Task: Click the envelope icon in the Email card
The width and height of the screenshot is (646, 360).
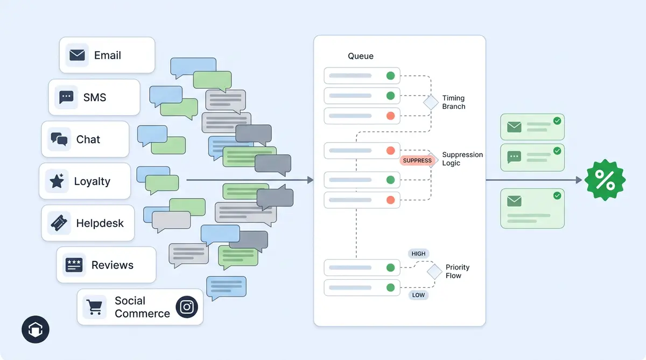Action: pyautogui.click(x=77, y=55)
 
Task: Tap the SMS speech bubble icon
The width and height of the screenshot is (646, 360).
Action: pyautogui.click(x=66, y=97)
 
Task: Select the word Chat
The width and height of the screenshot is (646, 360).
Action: pyautogui.click(x=88, y=139)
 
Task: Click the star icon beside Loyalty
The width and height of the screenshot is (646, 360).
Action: pyautogui.click(x=57, y=181)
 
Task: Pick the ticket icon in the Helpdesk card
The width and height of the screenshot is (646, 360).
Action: pyautogui.click(x=59, y=223)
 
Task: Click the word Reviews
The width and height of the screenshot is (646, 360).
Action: pyautogui.click(x=112, y=265)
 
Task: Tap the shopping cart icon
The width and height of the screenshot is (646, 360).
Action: pyautogui.click(x=95, y=307)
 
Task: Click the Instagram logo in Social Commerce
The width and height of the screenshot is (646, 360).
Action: pyautogui.click(x=187, y=307)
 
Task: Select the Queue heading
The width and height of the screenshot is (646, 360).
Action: pyautogui.click(x=361, y=56)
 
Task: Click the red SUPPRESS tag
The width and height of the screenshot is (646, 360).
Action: pyautogui.click(x=417, y=160)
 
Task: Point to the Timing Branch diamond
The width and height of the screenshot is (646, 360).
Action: pyautogui.click(x=431, y=102)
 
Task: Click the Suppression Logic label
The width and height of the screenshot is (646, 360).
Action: pyautogui.click(x=462, y=159)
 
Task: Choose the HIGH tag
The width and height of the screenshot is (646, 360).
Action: pyautogui.click(x=418, y=253)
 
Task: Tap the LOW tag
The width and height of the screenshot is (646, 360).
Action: pyautogui.click(x=418, y=295)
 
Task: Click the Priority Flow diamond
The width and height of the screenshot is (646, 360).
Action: pyautogui.click(x=434, y=271)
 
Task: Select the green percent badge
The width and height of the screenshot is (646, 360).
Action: pyautogui.click(x=605, y=180)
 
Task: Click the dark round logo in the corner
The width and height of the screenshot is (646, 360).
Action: pyautogui.click(x=36, y=329)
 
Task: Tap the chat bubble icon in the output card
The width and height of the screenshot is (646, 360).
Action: pyautogui.click(x=514, y=157)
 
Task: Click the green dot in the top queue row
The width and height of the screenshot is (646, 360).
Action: pyautogui.click(x=390, y=75)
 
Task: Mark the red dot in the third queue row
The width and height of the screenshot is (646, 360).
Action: pyautogui.click(x=390, y=116)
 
